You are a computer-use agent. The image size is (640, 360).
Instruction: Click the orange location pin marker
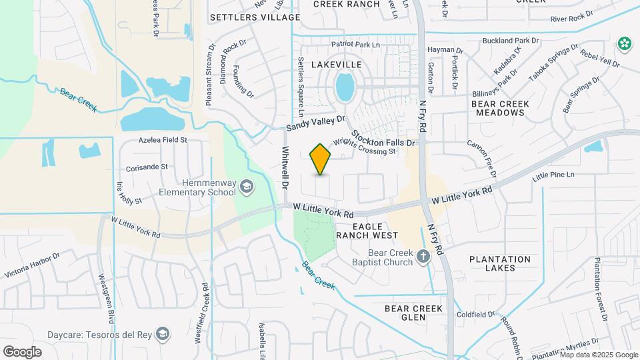click(x=321, y=159)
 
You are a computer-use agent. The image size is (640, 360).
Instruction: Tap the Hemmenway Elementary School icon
click(x=247, y=185)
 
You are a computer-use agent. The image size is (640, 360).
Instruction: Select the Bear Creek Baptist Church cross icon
click(x=422, y=256)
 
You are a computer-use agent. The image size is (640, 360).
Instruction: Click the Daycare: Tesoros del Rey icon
click(x=162, y=333)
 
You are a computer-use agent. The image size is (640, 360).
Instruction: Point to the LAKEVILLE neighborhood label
click(x=336, y=65)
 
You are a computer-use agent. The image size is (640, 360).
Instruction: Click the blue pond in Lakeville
click(x=345, y=87)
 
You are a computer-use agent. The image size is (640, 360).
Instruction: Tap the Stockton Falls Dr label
click(x=383, y=138)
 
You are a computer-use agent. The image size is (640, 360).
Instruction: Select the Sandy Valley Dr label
click(x=317, y=122)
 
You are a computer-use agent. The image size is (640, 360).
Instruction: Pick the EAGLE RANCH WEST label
click(x=367, y=231)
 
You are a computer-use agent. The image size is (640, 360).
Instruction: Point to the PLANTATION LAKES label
click(x=500, y=263)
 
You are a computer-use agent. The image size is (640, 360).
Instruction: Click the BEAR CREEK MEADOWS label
click(x=500, y=108)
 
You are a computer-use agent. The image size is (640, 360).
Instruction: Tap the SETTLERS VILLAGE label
click(x=246, y=17)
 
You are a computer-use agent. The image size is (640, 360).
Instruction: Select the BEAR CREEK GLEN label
click(x=414, y=313)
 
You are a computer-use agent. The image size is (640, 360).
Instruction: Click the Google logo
click(x=22, y=351)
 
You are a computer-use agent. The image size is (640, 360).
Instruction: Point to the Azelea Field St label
click(x=163, y=141)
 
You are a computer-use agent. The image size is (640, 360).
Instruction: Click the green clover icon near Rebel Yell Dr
click(x=625, y=44)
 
